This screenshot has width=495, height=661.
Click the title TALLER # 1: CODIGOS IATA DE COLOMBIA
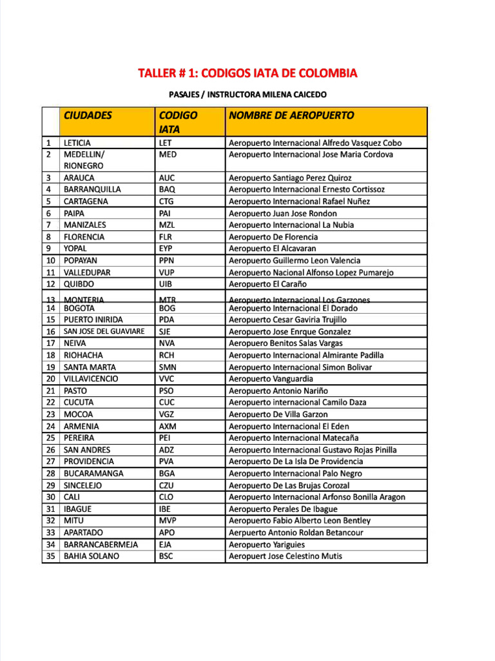pyautogui.click(x=247, y=73)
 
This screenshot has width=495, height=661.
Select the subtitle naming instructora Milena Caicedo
pyautogui.click(x=247, y=95)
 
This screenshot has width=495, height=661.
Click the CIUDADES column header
pyautogui.click(x=88, y=116)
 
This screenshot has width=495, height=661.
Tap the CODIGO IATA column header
pyautogui.click(x=178, y=122)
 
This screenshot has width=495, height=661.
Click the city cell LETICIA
pyautogui.click(x=77, y=143)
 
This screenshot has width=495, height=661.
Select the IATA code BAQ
pyautogui.click(x=167, y=190)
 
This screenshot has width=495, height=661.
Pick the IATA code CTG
pyautogui.click(x=167, y=201)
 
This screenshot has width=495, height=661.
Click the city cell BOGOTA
pyautogui.click(x=79, y=309)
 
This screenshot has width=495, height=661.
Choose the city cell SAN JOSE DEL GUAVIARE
pyautogui.click(x=104, y=332)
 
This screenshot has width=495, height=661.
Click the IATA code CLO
pyautogui.click(x=166, y=497)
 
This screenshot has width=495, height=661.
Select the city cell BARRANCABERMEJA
pyautogui.click(x=101, y=544)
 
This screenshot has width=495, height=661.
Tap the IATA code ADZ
pyautogui.click(x=166, y=450)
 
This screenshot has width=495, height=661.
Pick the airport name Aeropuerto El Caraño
pyautogui.click(x=267, y=284)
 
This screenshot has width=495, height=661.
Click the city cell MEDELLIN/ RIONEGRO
pyautogui.click(x=84, y=160)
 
